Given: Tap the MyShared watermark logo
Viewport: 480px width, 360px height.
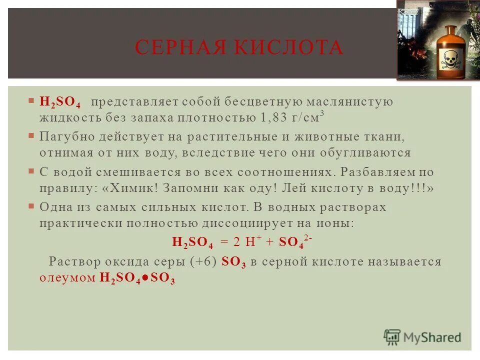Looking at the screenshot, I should coord(422,336).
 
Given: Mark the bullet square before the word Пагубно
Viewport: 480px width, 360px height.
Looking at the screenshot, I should coord(31,136).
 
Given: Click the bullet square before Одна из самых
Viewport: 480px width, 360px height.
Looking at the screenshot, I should coord(31,206).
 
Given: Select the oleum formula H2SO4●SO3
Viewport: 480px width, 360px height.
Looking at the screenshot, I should coord(137,279).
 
